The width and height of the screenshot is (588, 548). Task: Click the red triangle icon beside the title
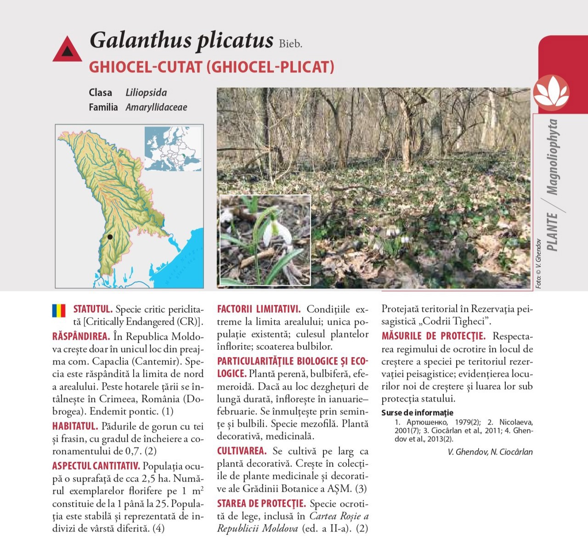coord(67,50)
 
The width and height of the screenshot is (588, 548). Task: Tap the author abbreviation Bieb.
coord(290,44)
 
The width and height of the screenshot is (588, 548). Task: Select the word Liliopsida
coord(146,93)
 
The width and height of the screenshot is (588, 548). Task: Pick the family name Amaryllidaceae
coord(156,107)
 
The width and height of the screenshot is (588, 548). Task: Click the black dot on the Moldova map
coord(110,237)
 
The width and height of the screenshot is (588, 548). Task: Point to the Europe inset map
coord(173,149)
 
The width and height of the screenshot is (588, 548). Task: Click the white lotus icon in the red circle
coord(551,92)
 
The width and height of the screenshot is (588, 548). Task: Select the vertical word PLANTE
coord(552,232)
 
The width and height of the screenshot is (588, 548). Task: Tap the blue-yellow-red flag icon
coord(59,311)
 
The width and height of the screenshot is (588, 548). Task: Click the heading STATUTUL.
coord(93,309)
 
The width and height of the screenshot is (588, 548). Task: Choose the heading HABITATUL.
coord(75,426)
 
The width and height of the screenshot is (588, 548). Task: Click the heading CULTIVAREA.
coord(242,451)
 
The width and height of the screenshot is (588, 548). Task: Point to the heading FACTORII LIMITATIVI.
coord(259,309)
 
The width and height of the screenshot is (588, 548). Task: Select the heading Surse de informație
coord(417,413)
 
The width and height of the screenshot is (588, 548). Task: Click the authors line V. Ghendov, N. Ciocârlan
coord(490,452)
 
